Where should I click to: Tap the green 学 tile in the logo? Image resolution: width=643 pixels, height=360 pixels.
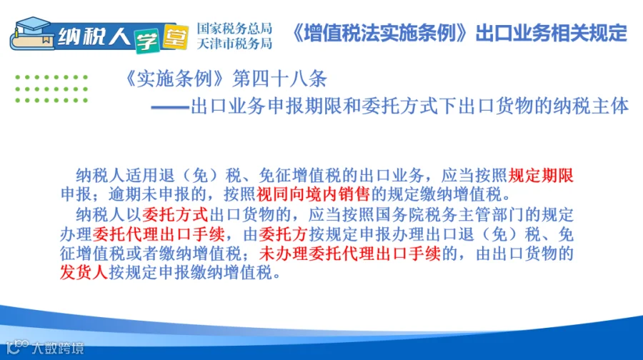pyautogui.click(x=146, y=41)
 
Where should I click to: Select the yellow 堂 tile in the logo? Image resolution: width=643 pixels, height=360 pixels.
pyautogui.click(x=176, y=37)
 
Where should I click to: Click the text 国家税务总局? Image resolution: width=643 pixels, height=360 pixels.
pyautogui.click(x=234, y=29)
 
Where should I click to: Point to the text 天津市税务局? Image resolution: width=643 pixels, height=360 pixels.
pyautogui.click(x=234, y=43)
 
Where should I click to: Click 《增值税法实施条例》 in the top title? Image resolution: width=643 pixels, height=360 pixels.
pyautogui.click(x=380, y=33)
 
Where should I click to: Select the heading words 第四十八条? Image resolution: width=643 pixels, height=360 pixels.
pyautogui.click(x=279, y=79)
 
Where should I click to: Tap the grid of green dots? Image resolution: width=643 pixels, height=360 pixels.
pyautogui.click(x=51, y=89)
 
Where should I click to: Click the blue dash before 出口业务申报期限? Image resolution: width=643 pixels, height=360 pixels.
pyautogui.click(x=170, y=108)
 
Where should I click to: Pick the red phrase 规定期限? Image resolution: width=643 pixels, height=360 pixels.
pyautogui.click(x=541, y=176)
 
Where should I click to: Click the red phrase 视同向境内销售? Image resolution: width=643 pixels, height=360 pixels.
pyautogui.click(x=314, y=194)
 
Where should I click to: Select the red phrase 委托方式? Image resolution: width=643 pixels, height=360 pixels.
pyautogui.click(x=175, y=214)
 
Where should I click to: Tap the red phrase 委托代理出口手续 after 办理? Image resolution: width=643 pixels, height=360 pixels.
pyautogui.click(x=159, y=234)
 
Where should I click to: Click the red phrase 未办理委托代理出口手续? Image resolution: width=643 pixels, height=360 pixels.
pyautogui.click(x=350, y=254)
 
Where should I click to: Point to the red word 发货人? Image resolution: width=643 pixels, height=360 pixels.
pyautogui.click(x=84, y=273)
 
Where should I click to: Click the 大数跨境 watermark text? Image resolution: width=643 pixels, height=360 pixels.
pyautogui.click(x=58, y=348)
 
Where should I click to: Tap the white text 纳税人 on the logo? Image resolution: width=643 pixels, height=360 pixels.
pyautogui.click(x=94, y=37)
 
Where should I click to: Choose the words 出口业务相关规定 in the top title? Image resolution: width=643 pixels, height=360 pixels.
pyautogui.click(x=551, y=33)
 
